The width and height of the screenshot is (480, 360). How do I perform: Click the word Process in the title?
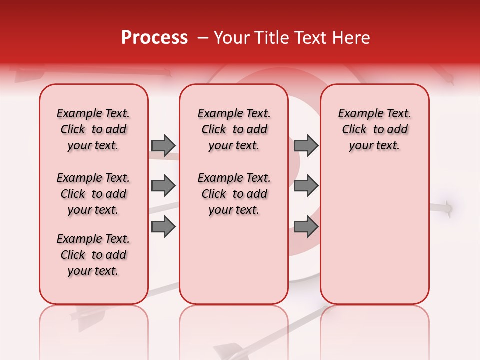[x=154, y=38]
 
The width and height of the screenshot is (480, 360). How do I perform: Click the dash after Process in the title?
[x=203, y=38]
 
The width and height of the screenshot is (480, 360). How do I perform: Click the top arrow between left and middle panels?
[x=163, y=145]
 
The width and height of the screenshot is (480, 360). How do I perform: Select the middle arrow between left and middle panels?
[x=163, y=186]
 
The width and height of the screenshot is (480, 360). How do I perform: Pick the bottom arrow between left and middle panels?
[x=163, y=227]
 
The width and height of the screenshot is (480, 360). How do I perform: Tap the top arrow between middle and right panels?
[x=306, y=145]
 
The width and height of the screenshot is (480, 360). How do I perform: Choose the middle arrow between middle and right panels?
[x=306, y=186]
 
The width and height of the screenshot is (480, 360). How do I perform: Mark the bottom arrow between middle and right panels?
[x=306, y=227]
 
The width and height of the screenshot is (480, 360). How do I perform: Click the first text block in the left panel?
[x=93, y=129]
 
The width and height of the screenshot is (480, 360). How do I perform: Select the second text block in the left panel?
[x=93, y=194]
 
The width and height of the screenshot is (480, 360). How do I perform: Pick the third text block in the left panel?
[x=93, y=255]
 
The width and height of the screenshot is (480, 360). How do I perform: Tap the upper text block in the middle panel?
[x=234, y=129]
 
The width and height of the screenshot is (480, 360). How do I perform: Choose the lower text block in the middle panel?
[x=234, y=194]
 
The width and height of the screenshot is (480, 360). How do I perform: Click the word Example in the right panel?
[x=357, y=114]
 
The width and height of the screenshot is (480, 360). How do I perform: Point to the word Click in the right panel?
[x=354, y=130]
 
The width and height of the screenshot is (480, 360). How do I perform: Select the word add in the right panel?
[x=398, y=130]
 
